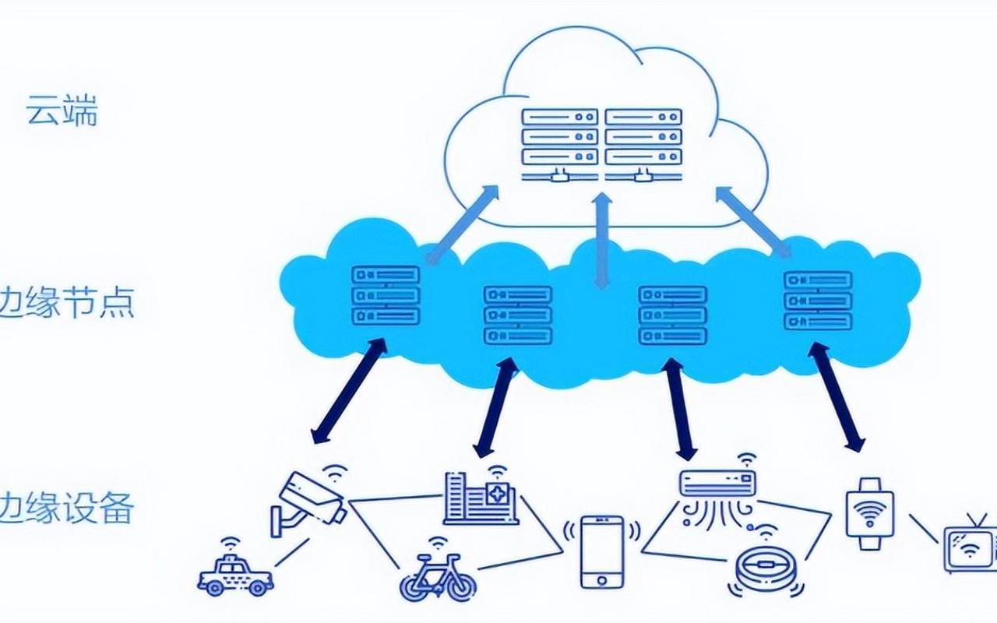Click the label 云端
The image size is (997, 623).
click(62, 111)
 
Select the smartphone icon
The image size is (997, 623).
click(602, 551)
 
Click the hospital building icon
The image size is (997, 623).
click(481, 498)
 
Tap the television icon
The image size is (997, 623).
click(971, 546)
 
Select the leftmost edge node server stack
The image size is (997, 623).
click(386, 295)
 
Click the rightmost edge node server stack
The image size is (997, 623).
click(818, 301)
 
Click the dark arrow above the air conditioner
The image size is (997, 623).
click(678, 408)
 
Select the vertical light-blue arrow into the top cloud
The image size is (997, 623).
click(601, 241)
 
